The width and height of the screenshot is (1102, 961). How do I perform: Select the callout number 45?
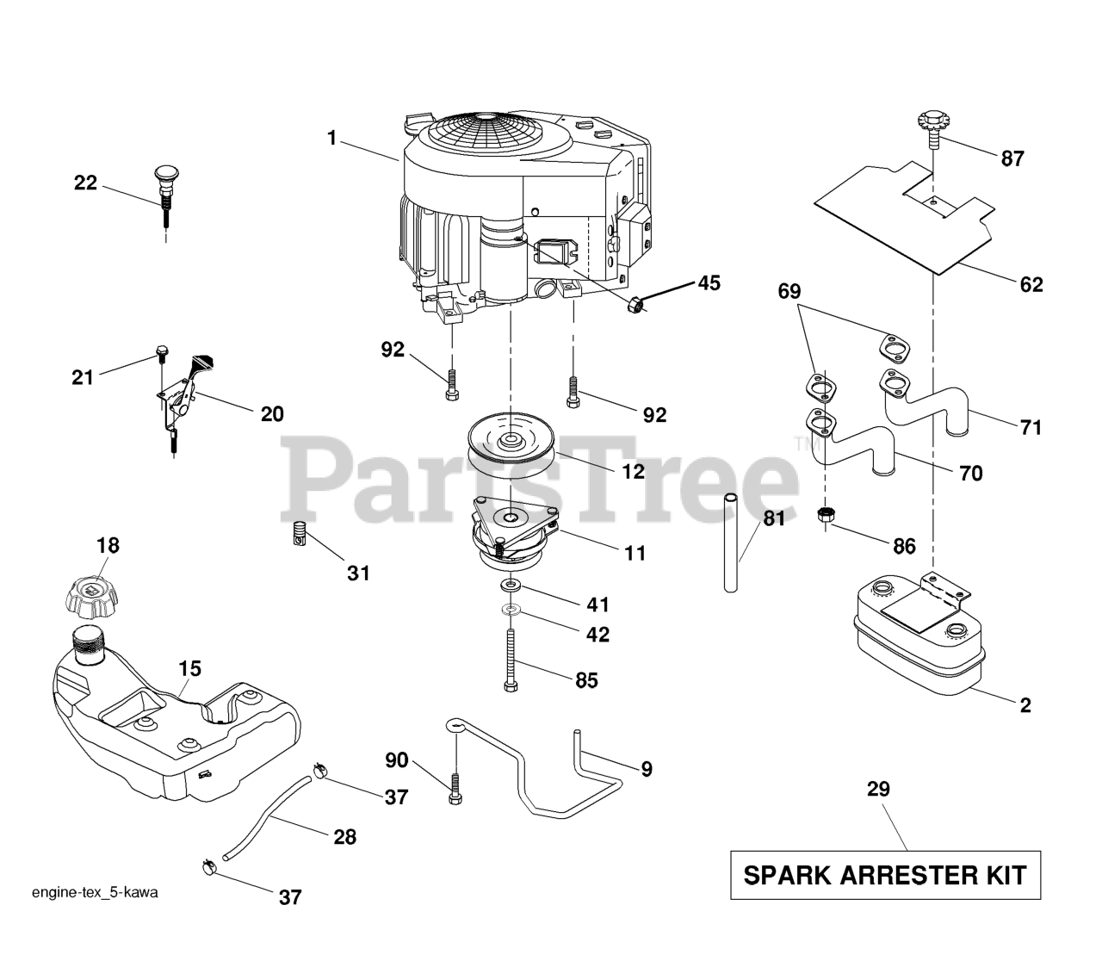pyautogui.click(x=709, y=283)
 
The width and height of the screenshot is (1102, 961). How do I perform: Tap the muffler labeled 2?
pyautogui.click(x=919, y=636)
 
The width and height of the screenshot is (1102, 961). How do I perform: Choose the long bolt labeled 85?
pyautogui.click(x=511, y=660)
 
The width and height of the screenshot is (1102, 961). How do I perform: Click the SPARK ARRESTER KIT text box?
pyautogui.click(x=885, y=875)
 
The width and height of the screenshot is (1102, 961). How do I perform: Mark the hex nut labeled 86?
pyautogui.click(x=824, y=514)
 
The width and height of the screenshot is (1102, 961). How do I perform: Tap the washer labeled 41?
pyautogui.click(x=510, y=585)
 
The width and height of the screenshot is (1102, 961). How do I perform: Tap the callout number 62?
pyautogui.click(x=1031, y=284)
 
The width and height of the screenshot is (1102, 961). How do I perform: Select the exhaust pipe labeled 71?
pyautogui.click(x=924, y=409)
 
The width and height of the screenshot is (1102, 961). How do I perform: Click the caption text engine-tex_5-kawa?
pyautogui.click(x=95, y=892)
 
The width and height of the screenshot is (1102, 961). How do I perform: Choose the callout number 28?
pyautogui.click(x=344, y=837)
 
